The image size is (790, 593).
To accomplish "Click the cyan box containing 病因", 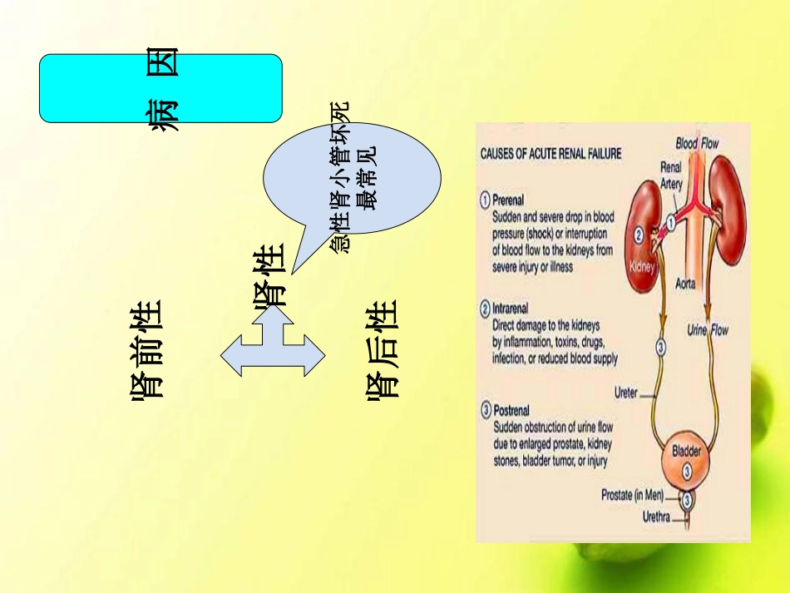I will (x=160, y=88).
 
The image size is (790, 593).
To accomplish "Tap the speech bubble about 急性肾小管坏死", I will (x=353, y=179).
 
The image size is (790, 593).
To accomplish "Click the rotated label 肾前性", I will (x=146, y=349).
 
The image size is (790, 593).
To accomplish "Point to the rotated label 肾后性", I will (x=383, y=349).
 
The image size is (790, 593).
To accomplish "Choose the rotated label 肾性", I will (x=269, y=276).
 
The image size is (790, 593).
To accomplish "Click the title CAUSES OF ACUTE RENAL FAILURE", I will (x=551, y=154).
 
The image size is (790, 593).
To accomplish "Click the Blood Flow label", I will (x=698, y=143).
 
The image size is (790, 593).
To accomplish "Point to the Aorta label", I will (x=686, y=284).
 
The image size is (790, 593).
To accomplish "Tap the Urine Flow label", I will (x=707, y=330).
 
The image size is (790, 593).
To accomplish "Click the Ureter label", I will (x=625, y=393).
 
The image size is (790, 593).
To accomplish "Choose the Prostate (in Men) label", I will (x=632, y=495).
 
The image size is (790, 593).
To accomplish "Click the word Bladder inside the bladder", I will (x=687, y=452).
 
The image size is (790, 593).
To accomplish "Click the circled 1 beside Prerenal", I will (x=485, y=200).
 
